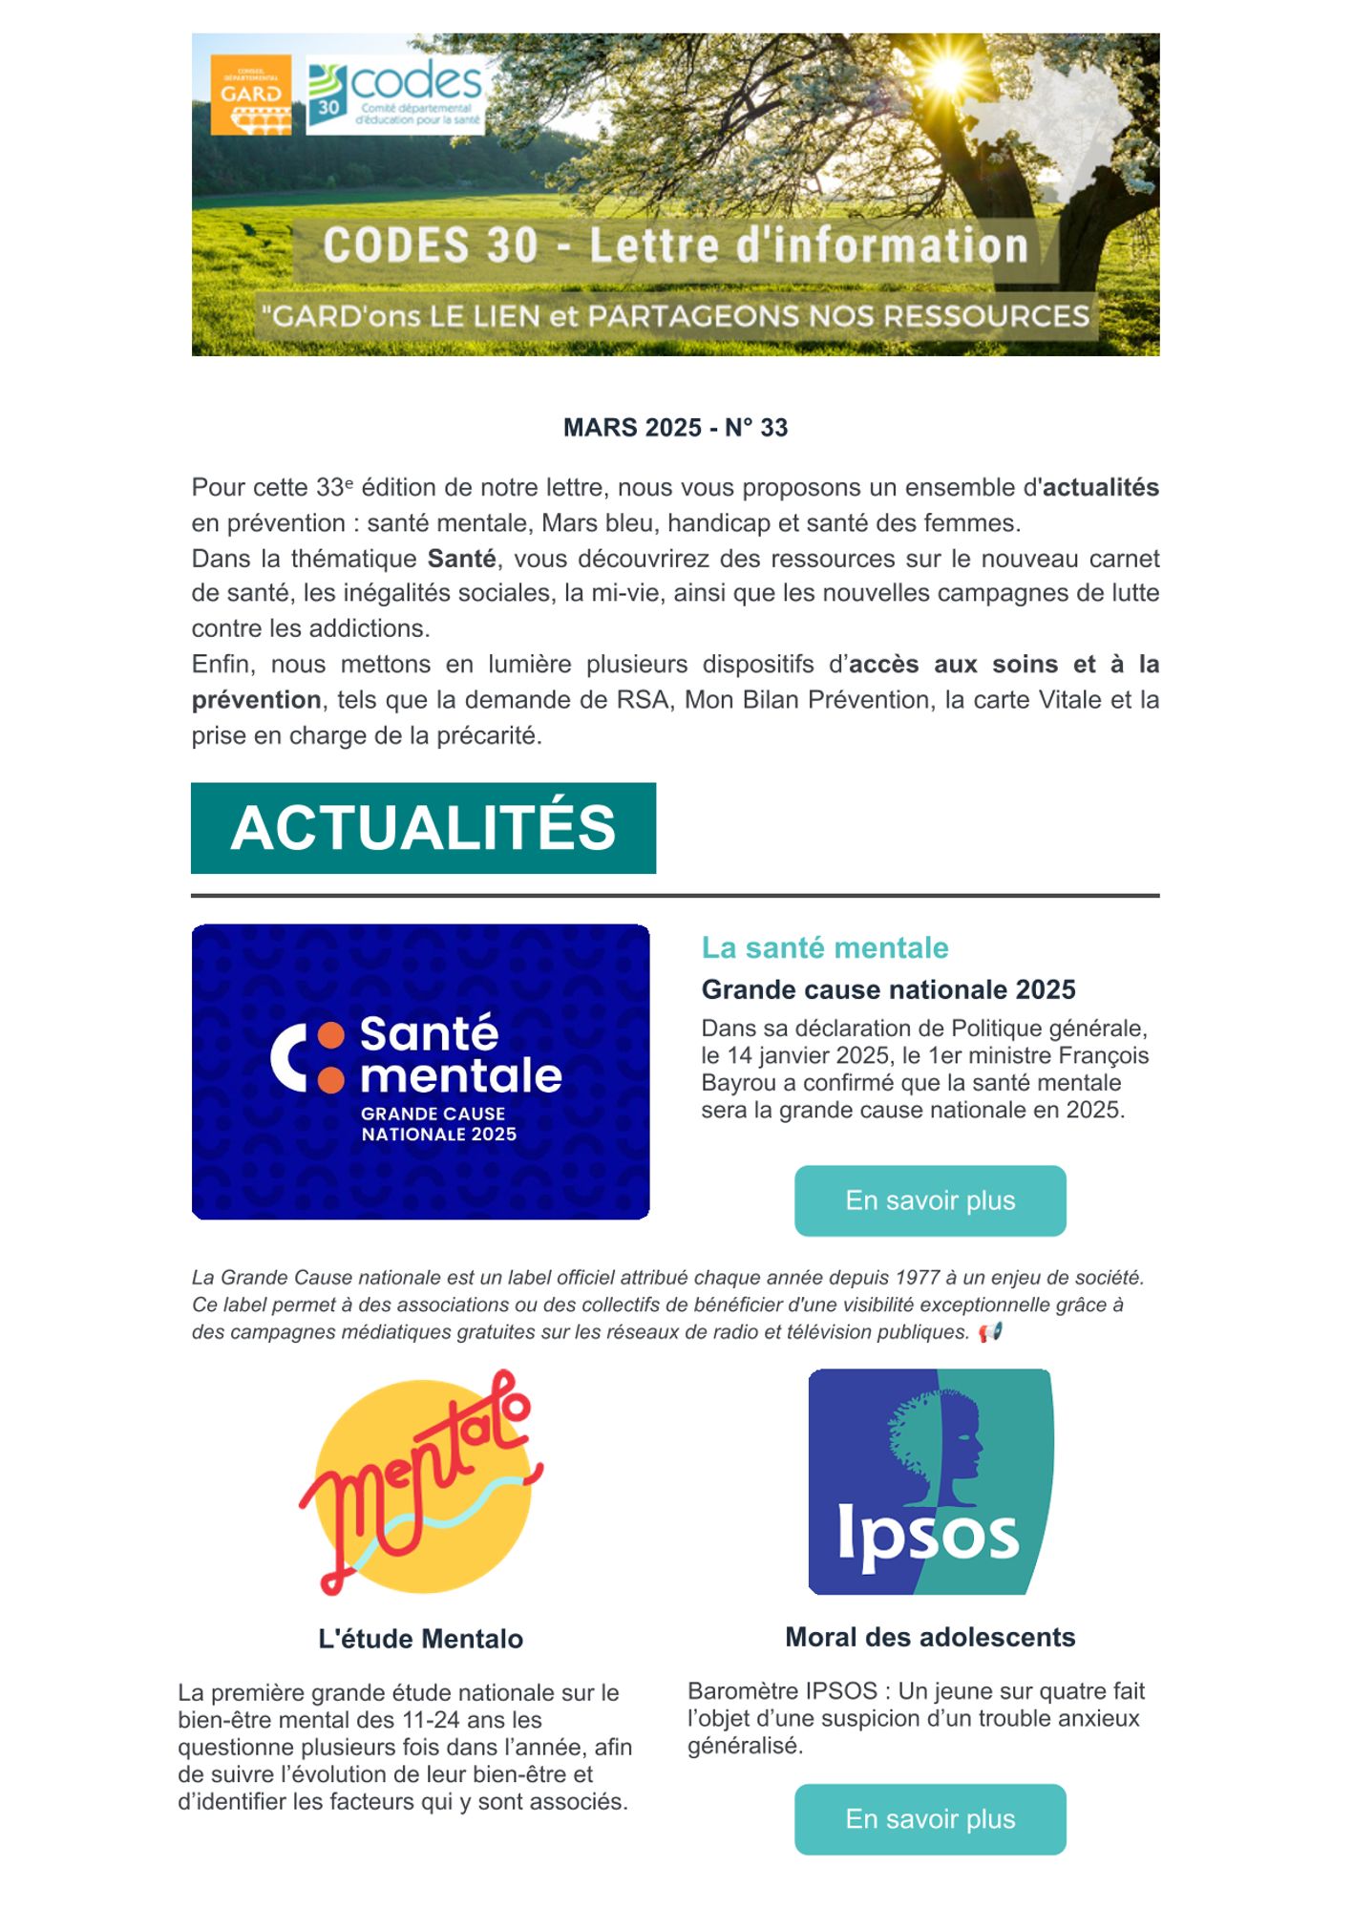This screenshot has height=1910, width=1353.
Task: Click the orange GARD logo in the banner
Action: (x=250, y=95)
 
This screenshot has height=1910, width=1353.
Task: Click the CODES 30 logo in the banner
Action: (x=395, y=95)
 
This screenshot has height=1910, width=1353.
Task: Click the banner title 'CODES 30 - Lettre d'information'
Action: (x=675, y=245)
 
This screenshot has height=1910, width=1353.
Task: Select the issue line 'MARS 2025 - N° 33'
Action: (x=675, y=428)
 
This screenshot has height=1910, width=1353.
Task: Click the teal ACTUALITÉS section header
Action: (x=423, y=828)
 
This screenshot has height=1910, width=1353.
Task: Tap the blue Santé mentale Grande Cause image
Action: (x=420, y=1072)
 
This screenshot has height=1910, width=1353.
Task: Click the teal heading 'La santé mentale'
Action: (x=825, y=947)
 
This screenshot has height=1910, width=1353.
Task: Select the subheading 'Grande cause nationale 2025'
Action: (x=888, y=989)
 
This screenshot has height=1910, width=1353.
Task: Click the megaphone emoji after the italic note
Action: (x=990, y=1331)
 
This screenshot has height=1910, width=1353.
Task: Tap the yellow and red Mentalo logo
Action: (x=420, y=1484)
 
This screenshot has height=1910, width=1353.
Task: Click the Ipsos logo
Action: (x=931, y=1481)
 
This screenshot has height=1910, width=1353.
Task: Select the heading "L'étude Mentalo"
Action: (x=420, y=1639)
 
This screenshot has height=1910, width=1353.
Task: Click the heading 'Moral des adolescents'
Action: (x=930, y=1637)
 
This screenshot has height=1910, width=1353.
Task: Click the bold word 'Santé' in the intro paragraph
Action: (x=461, y=559)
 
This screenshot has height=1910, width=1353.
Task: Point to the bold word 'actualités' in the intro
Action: (x=1100, y=488)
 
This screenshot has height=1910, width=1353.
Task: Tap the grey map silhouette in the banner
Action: (x=1050, y=124)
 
